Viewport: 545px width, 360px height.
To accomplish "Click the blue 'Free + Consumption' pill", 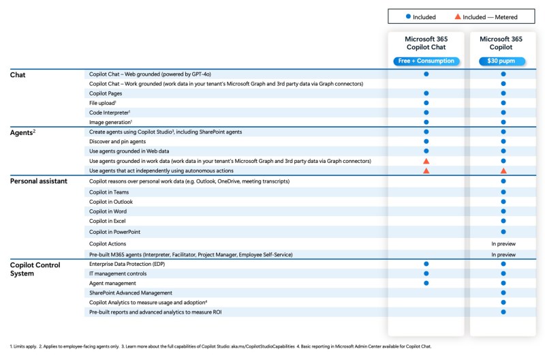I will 425,61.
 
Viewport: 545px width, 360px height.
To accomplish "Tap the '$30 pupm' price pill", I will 503,61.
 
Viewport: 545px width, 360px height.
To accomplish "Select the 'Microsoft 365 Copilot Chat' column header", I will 425,44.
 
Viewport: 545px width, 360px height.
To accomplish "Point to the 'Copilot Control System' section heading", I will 35,268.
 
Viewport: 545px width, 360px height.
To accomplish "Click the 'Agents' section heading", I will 24,132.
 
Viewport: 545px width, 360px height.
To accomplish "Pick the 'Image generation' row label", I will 110,121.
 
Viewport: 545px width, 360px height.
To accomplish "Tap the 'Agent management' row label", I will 112,283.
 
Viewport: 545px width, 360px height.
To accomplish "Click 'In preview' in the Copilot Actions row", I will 503,243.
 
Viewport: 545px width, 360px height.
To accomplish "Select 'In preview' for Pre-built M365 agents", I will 503,254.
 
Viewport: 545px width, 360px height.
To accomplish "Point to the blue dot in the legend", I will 407,17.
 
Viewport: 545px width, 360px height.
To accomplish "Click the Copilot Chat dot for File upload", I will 426,102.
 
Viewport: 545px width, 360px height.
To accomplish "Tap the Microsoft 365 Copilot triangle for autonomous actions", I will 503,170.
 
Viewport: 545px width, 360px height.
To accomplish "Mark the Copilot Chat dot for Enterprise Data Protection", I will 426,263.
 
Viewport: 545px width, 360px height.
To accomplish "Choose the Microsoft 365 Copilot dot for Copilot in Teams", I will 503,192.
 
